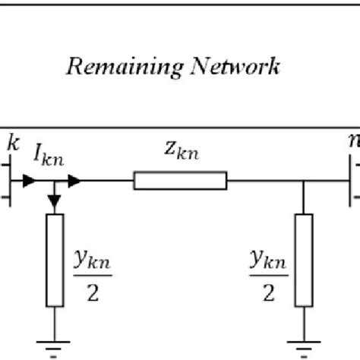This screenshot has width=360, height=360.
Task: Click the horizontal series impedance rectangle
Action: tap(180, 181)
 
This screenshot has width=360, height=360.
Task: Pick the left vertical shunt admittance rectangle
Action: tap(55, 260)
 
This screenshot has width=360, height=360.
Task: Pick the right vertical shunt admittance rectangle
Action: tap(303, 260)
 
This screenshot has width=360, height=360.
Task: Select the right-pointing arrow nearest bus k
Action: tap(28, 181)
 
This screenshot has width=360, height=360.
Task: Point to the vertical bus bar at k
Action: tap(8, 181)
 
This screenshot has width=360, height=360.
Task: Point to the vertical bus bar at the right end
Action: tap(351, 181)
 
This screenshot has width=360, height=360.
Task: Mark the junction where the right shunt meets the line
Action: tap(303, 181)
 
